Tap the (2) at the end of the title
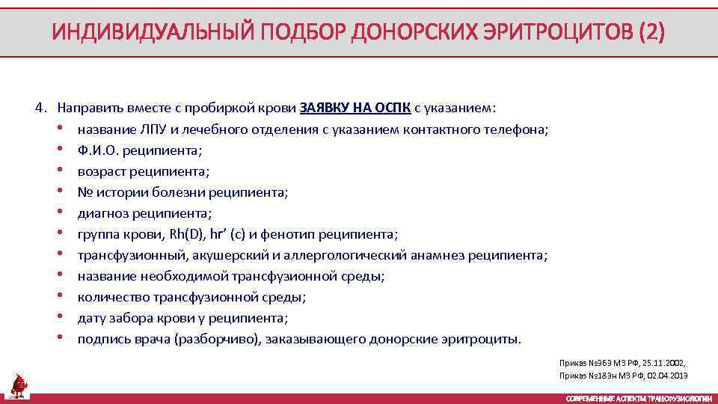(648, 33)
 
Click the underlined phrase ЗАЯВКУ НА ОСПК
(355, 108)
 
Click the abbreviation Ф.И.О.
(98, 150)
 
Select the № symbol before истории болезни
(84, 192)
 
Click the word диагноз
(102, 212)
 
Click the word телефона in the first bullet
(518, 129)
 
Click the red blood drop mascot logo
(19, 385)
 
